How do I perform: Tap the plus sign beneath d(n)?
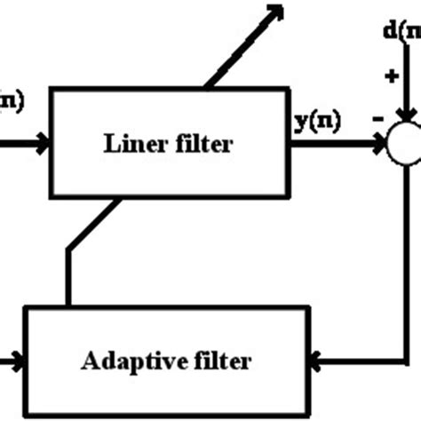(x=391, y=77)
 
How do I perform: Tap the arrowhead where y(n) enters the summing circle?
(x=380, y=142)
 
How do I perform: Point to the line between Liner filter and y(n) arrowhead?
(x=333, y=142)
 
